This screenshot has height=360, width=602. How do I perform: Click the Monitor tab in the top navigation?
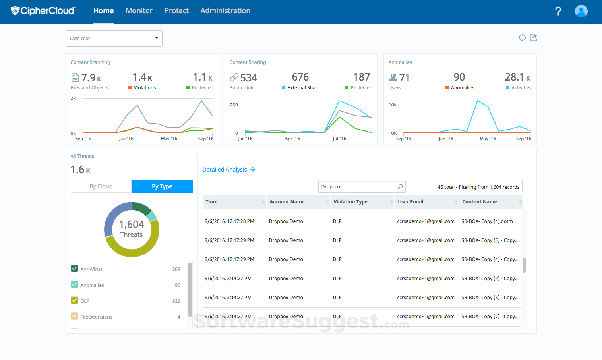click(x=139, y=11)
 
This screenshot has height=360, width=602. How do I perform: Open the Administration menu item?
click(x=225, y=11)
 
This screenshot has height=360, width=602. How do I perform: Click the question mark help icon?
click(x=558, y=11)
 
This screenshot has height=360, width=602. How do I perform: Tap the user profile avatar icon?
click(x=581, y=11)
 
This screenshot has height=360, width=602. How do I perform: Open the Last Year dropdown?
click(x=114, y=39)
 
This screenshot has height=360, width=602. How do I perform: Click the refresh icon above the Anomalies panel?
click(x=522, y=37)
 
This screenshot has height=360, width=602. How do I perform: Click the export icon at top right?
click(x=533, y=37)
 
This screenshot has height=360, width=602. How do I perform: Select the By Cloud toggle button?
click(x=101, y=186)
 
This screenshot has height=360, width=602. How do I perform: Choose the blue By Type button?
click(x=162, y=186)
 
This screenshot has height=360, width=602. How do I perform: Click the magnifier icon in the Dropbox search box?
click(x=400, y=186)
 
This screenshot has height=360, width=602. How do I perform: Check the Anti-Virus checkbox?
click(x=74, y=269)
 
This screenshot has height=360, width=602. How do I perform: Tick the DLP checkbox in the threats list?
click(x=74, y=300)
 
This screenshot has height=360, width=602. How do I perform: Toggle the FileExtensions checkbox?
click(x=74, y=316)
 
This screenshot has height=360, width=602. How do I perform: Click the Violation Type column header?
click(x=350, y=202)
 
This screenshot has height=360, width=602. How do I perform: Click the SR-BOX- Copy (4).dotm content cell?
click(x=487, y=221)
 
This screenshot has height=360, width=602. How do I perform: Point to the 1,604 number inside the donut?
click(x=132, y=225)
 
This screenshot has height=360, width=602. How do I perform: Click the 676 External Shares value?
click(x=300, y=77)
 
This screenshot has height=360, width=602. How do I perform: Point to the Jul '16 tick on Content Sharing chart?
click(x=339, y=139)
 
